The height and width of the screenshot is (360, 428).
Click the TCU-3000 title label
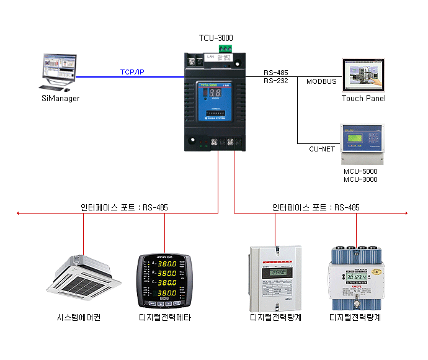(216, 38)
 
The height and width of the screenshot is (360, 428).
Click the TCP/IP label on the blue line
(132, 73)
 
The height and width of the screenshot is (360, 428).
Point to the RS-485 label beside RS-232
(275, 73)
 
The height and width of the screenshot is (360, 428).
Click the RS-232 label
(275, 81)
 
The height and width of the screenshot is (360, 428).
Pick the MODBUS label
(321, 81)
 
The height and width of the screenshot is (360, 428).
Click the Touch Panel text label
(363, 98)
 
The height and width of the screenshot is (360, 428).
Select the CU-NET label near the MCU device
(322, 149)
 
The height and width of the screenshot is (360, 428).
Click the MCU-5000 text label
(360, 171)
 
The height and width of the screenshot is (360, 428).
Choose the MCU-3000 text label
(360, 179)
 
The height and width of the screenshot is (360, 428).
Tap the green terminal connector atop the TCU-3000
(225, 48)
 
